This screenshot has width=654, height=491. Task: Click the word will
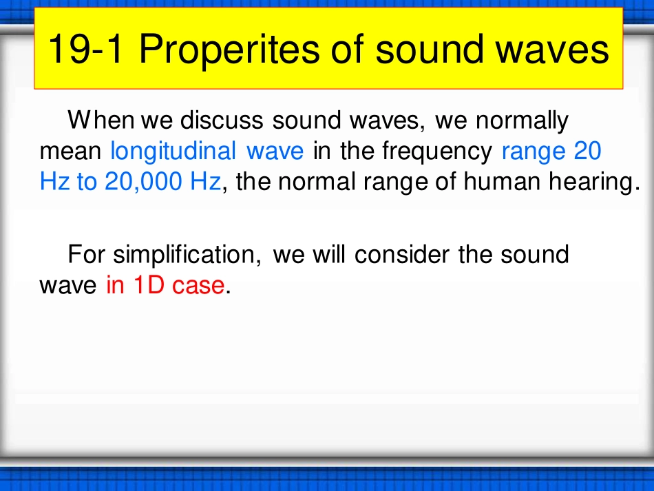tap(329, 255)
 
